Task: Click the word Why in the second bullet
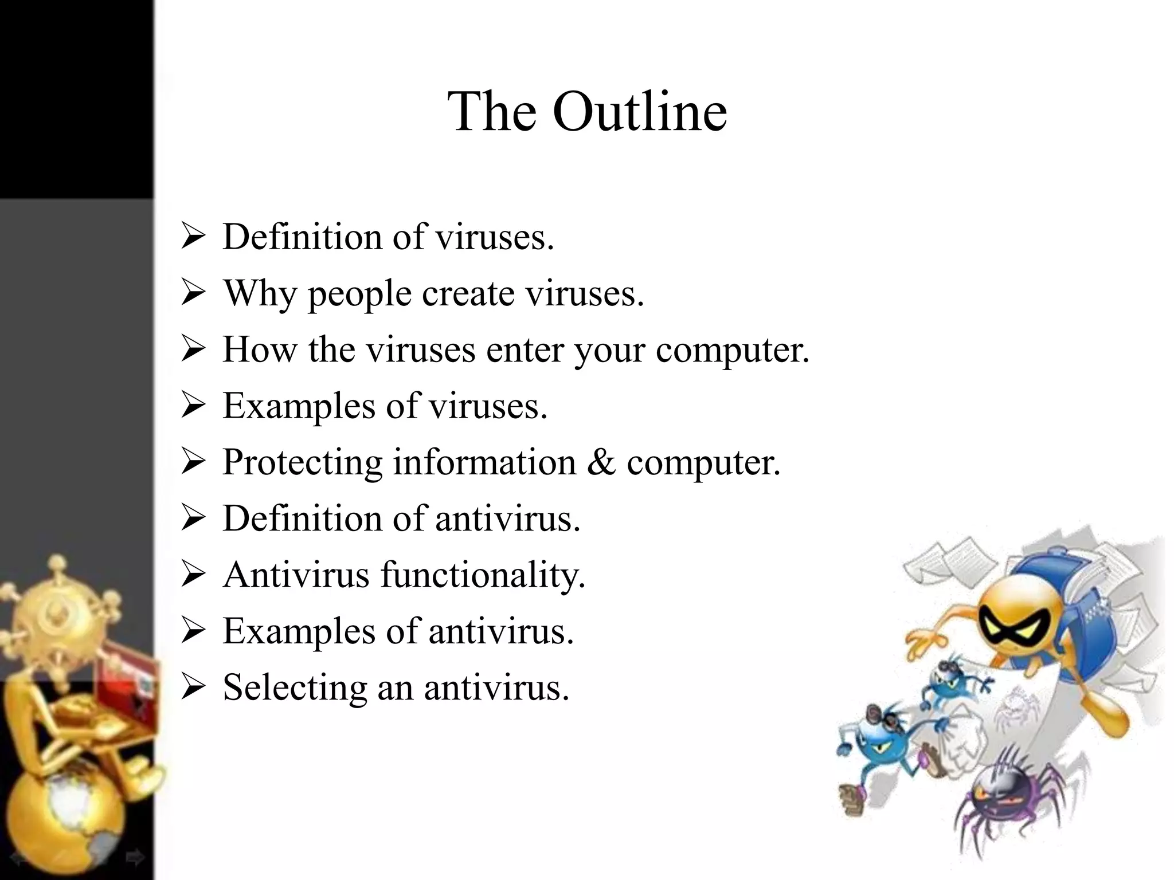(259, 293)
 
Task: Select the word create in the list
(468, 293)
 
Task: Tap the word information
(484, 462)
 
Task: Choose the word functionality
(483, 575)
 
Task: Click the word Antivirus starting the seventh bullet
(296, 575)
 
